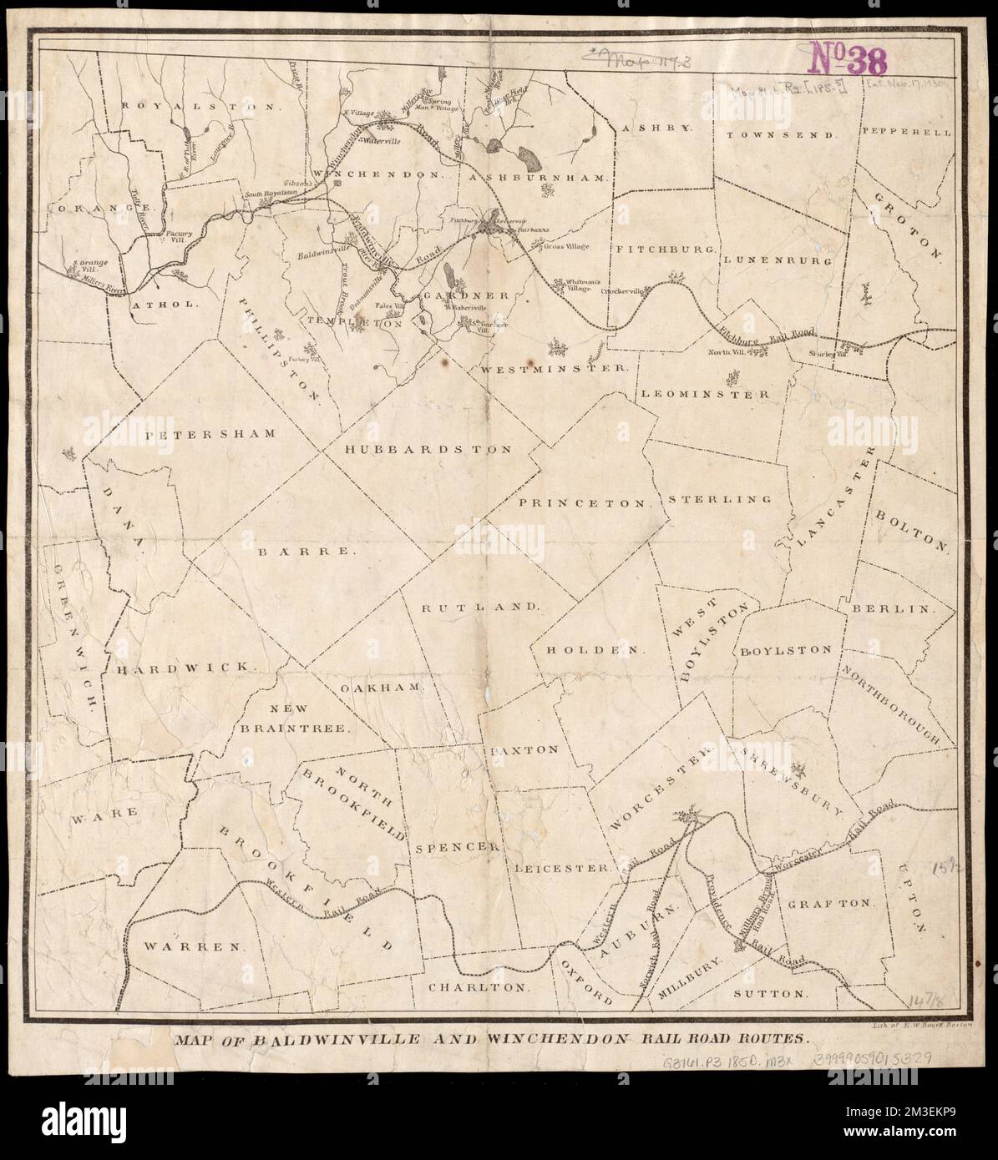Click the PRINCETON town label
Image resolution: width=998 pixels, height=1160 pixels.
pyautogui.click(x=585, y=503)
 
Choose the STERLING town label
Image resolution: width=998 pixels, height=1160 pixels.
pyautogui.click(x=719, y=499)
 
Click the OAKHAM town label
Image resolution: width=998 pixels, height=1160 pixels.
pyautogui.click(x=385, y=688)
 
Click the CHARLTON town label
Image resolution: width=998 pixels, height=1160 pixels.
pyautogui.click(x=479, y=986)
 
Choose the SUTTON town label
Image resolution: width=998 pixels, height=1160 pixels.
pyautogui.click(x=771, y=995)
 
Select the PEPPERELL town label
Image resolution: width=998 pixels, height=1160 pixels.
pyautogui.click(x=905, y=132)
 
